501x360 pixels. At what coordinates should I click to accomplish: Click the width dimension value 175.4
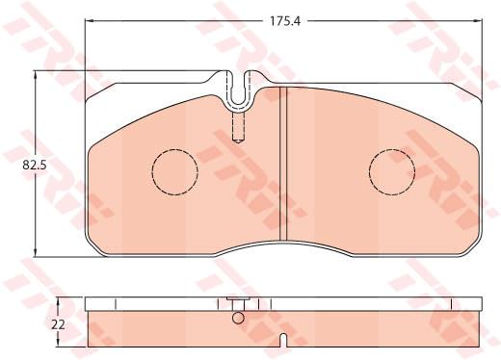pos(285,21)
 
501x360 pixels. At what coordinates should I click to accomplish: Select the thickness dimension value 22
pos(58,324)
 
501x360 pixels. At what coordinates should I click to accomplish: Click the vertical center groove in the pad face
pos(283,164)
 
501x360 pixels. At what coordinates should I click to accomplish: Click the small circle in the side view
pos(238,318)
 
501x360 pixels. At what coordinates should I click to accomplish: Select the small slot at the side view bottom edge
pos(283,340)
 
